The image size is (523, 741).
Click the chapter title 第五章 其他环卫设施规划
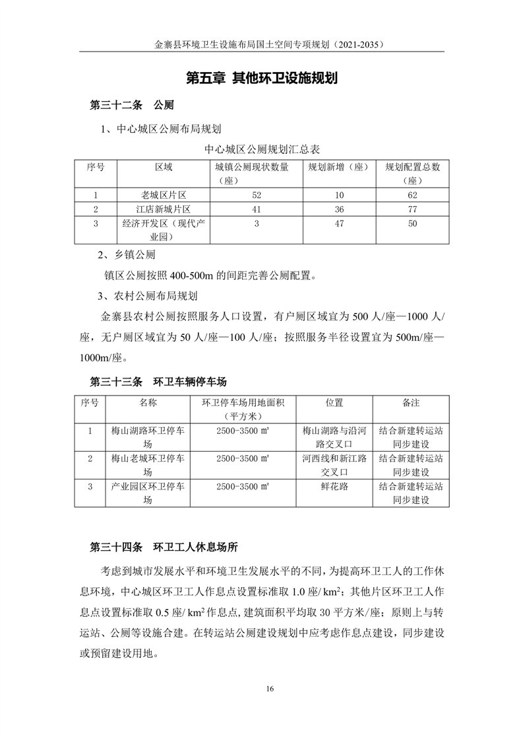[262, 79]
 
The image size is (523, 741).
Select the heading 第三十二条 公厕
[131, 106]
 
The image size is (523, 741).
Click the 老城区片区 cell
[164, 195]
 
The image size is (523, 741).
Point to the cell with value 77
[412, 209]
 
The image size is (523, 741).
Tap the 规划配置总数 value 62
[412, 195]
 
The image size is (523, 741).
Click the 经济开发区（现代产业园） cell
[164, 230]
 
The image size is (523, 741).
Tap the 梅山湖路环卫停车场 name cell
[148, 437]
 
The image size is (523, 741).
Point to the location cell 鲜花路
[334, 487]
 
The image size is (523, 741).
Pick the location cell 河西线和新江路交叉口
[334, 465]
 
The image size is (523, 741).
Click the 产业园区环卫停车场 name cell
[148, 493]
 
